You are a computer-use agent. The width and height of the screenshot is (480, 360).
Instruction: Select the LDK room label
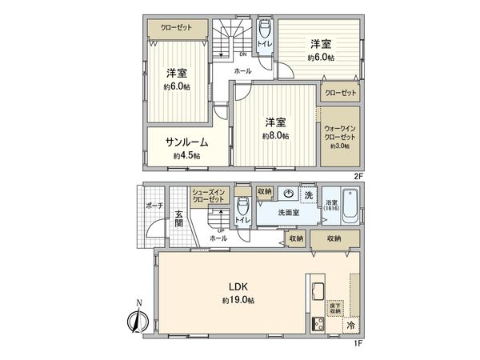[x=238, y=286]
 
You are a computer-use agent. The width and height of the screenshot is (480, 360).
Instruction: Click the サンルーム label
[x=182, y=142]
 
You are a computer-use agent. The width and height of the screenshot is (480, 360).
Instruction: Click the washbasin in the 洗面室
[x=287, y=194]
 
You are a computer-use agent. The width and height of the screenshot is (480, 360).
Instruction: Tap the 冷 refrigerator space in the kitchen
[x=351, y=326]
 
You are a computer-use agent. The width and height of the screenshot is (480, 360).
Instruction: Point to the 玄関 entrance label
[x=178, y=218]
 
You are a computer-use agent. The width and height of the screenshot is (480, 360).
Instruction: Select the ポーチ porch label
[x=154, y=206]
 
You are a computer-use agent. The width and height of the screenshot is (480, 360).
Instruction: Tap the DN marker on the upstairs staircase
[x=242, y=54]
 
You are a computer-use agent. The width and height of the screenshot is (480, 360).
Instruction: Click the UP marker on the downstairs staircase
[x=220, y=230]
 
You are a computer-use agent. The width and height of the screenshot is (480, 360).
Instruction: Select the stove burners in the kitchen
[x=315, y=324]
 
